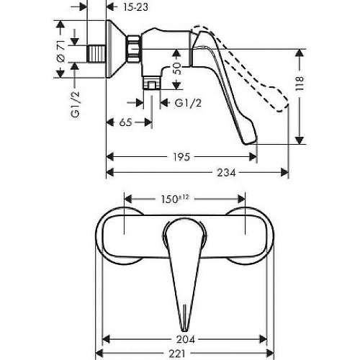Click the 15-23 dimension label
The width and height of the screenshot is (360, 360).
point(136,7)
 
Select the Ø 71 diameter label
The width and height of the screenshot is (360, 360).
point(61,51)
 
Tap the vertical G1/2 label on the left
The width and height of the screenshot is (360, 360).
point(76,104)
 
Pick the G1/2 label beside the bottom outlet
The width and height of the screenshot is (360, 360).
point(188,103)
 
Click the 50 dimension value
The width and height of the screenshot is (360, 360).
point(176,68)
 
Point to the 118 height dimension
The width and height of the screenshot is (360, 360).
point(300,84)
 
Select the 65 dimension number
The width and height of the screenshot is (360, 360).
point(126,122)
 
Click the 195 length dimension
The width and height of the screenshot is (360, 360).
point(181,157)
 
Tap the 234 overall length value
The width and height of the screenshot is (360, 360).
point(226,172)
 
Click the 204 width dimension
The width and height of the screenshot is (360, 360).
point(186,339)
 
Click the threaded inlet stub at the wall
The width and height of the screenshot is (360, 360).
point(96,54)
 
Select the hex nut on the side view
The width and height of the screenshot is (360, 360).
point(133,49)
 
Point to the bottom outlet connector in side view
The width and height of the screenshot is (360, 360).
point(152,83)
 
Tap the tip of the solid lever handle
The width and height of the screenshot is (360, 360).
point(247,143)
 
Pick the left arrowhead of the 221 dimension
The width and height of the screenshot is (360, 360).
point(99,354)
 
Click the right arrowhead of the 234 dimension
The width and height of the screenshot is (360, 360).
point(284,172)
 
